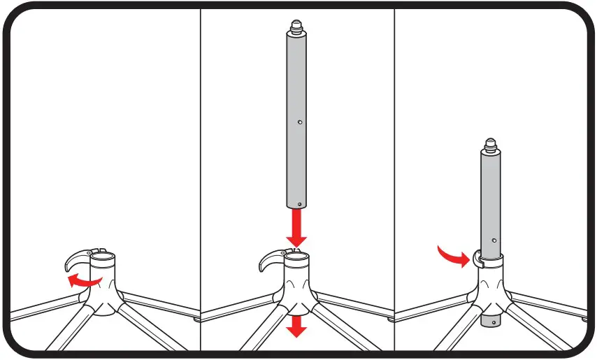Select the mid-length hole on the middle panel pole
[299, 122]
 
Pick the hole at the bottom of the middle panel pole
[298, 204]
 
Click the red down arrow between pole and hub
[297, 229]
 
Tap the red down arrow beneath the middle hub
[298, 325]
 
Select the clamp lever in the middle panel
[271, 259]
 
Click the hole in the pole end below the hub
[494, 322]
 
